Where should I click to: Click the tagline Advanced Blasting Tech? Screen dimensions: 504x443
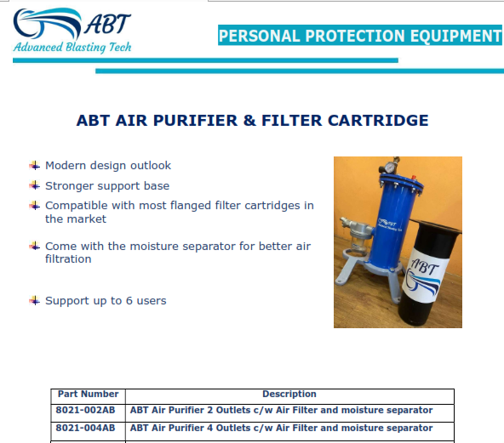72,47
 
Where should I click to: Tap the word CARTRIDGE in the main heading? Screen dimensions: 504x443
378,121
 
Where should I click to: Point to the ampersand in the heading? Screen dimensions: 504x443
249,121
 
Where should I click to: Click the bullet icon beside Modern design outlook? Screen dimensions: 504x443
34,166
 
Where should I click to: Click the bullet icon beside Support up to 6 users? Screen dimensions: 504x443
34,301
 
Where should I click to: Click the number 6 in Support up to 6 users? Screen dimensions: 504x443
129,301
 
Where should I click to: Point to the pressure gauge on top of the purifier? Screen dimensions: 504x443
390,167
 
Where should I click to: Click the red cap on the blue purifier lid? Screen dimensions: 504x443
414,178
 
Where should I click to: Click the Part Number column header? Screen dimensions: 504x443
88,394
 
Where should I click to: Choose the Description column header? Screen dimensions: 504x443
289,394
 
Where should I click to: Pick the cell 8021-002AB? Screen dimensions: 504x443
85,410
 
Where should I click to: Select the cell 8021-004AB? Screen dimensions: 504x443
85,428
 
